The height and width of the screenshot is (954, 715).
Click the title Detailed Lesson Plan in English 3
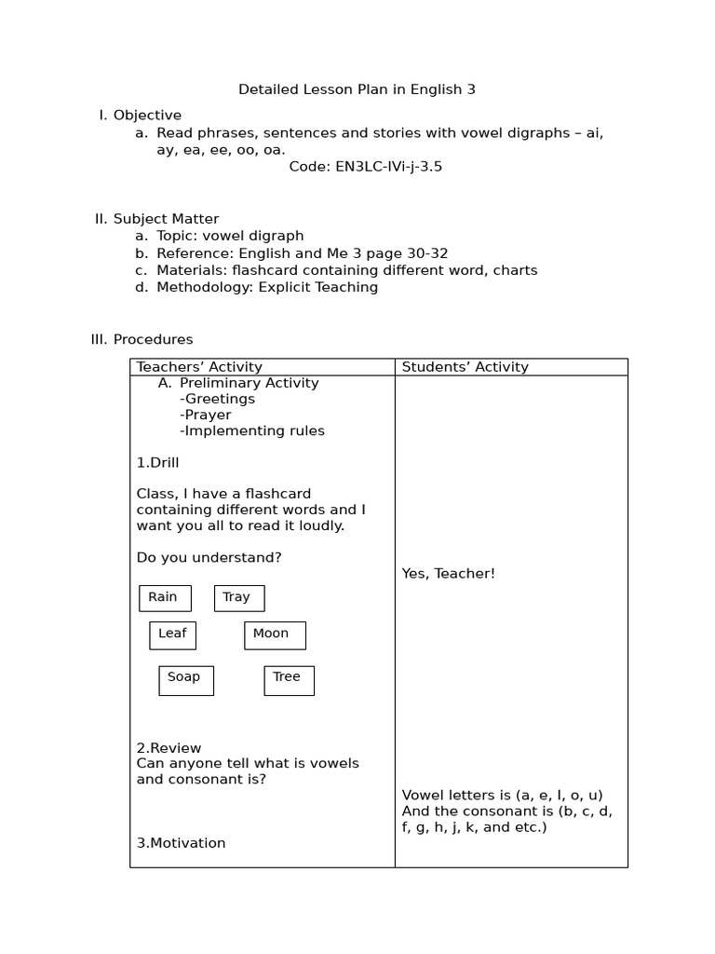[357, 89]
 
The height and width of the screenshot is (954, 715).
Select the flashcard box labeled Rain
[165, 598]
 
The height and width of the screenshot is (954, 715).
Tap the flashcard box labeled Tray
[239, 598]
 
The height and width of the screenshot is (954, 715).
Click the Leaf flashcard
[172, 634]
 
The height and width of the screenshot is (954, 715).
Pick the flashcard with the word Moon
[275, 634]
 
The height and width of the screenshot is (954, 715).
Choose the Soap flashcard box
[186, 679]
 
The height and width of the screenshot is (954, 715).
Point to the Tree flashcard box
[289, 679]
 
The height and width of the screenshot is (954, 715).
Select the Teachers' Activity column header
[199, 367]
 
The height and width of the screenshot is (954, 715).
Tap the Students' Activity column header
[465, 367]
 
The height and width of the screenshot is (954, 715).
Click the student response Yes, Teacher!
[448, 574]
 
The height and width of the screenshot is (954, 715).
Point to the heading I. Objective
[141, 116]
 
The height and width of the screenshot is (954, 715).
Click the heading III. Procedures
[142, 339]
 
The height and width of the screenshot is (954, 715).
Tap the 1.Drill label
[157, 463]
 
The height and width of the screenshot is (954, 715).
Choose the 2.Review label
[169, 748]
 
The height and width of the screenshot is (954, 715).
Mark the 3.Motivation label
[181, 843]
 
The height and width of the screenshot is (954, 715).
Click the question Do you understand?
[209, 557]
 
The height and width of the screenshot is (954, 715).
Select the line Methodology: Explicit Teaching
[266, 287]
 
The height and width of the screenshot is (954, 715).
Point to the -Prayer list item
[205, 415]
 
